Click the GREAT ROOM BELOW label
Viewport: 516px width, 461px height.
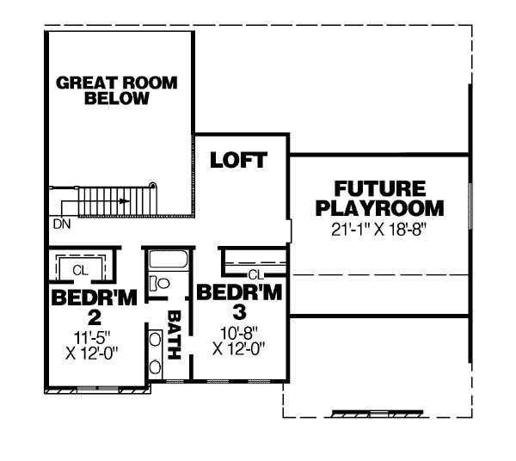[x=117, y=90]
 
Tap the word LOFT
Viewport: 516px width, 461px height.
[x=237, y=160]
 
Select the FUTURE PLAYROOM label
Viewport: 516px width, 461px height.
[x=379, y=198]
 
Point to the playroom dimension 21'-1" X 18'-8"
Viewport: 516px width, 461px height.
[x=379, y=230]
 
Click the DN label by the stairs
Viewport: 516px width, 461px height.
[x=61, y=223]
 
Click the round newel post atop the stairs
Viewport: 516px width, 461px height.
[x=152, y=183]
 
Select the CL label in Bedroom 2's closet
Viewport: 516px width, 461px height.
[x=80, y=269]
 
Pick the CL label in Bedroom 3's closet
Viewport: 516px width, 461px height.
[x=255, y=274]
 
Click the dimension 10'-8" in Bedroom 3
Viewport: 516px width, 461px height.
[x=239, y=331]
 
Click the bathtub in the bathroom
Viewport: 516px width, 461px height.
[x=169, y=260]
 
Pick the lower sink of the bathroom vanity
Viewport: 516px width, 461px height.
[x=155, y=366]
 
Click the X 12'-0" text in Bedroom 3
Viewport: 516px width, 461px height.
[x=238, y=348]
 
